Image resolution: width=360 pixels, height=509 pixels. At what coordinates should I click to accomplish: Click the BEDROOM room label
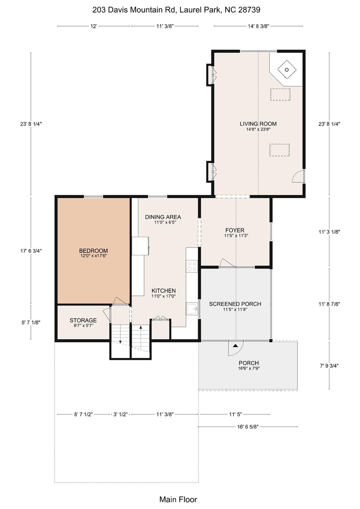(x=93, y=251)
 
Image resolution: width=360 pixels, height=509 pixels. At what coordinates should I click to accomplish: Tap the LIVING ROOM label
(x=258, y=124)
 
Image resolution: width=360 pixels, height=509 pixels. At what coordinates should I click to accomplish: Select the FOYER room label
(x=235, y=230)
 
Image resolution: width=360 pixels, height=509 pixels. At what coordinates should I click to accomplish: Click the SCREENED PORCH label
(x=235, y=304)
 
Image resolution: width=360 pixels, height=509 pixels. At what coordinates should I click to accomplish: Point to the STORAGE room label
(x=83, y=320)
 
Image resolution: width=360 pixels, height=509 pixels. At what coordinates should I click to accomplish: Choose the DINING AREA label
(x=163, y=217)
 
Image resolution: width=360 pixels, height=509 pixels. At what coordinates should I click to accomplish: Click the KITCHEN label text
(x=163, y=291)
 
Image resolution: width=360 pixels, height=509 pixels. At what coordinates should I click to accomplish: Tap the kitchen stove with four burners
(x=192, y=266)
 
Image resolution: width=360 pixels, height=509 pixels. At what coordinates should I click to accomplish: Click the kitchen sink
(x=192, y=309)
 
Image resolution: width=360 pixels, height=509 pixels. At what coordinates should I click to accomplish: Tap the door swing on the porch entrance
(x=235, y=347)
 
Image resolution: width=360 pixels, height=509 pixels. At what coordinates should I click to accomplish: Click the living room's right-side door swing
(x=298, y=176)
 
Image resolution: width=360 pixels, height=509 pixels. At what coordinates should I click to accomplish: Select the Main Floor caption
(x=178, y=499)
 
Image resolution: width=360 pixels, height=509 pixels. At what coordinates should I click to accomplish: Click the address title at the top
(x=176, y=10)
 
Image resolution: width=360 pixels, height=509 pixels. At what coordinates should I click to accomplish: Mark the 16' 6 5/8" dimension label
(x=248, y=427)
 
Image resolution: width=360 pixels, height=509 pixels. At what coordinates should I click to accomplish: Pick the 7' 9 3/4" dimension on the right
(x=329, y=366)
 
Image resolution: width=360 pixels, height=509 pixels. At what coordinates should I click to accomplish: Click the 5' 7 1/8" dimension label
(x=31, y=322)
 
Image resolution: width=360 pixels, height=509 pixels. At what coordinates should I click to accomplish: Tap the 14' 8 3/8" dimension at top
(x=258, y=26)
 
